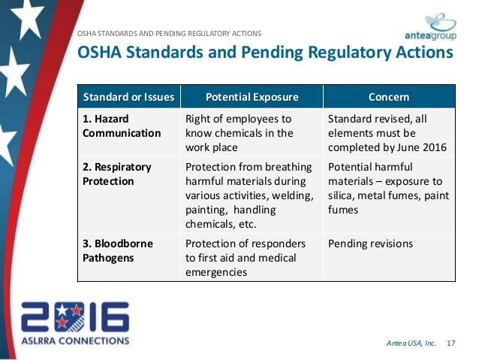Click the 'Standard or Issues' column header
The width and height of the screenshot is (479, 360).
(128, 98)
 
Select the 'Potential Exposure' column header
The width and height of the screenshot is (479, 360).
(252, 98)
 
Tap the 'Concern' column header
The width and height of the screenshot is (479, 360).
(389, 98)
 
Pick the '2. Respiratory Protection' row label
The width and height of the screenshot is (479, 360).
(116, 174)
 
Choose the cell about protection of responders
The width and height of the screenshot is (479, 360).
(246, 258)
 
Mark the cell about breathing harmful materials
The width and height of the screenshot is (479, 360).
(247, 195)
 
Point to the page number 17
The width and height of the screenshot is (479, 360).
(451, 344)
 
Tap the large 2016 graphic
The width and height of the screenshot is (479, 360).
(74, 317)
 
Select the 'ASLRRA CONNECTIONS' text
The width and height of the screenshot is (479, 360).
(74, 340)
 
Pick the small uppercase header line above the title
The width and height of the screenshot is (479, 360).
(170, 33)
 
